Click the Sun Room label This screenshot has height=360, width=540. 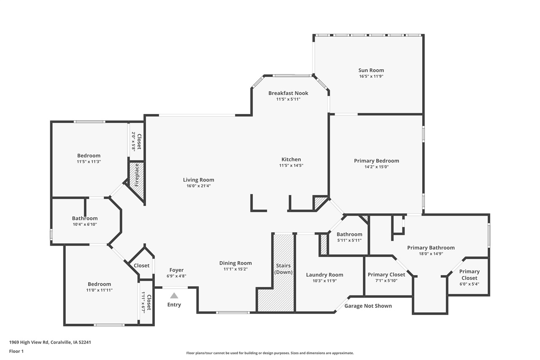pyautogui.click(x=371, y=70)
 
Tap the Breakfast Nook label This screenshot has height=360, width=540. pyautogui.click(x=288, y=93)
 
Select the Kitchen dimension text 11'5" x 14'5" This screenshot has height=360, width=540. pyautogui.click(x=291, y=165)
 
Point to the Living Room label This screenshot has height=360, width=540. pyautogui.click(x=198, y=180)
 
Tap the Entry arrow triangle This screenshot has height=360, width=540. pyautogui.click(x=174, y=295)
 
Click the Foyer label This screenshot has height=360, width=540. pyautogui.click(x=176, y=270)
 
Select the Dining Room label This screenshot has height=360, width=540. pyautogui.click(x=235, y=263)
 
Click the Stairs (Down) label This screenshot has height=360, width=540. pyautogui.click(x=283, y=269)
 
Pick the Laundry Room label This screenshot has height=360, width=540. pyautogui.click(x=324, y=275)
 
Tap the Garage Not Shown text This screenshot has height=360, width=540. pyautogui.click(x=368, y=306)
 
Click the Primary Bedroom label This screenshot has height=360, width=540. pyautogui.click(x=376, y=161)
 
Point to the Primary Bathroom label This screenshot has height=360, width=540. pyautogui.click(x=431, y=248)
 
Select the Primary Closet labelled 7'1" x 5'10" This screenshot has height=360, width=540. pyautogui.click(x=386, y=275)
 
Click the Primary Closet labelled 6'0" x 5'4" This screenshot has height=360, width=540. pyautogui.click(x=469, y=275)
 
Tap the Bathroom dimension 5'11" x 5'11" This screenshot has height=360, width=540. pyautogui.click(x=349, y=240)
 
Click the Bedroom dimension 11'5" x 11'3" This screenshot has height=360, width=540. pyautogui.click(x=89, y=162)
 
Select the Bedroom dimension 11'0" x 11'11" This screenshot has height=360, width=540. pyautogui.click(x=99, y=290)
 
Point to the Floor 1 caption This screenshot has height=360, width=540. pyautogui.click(x=16, y=351)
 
